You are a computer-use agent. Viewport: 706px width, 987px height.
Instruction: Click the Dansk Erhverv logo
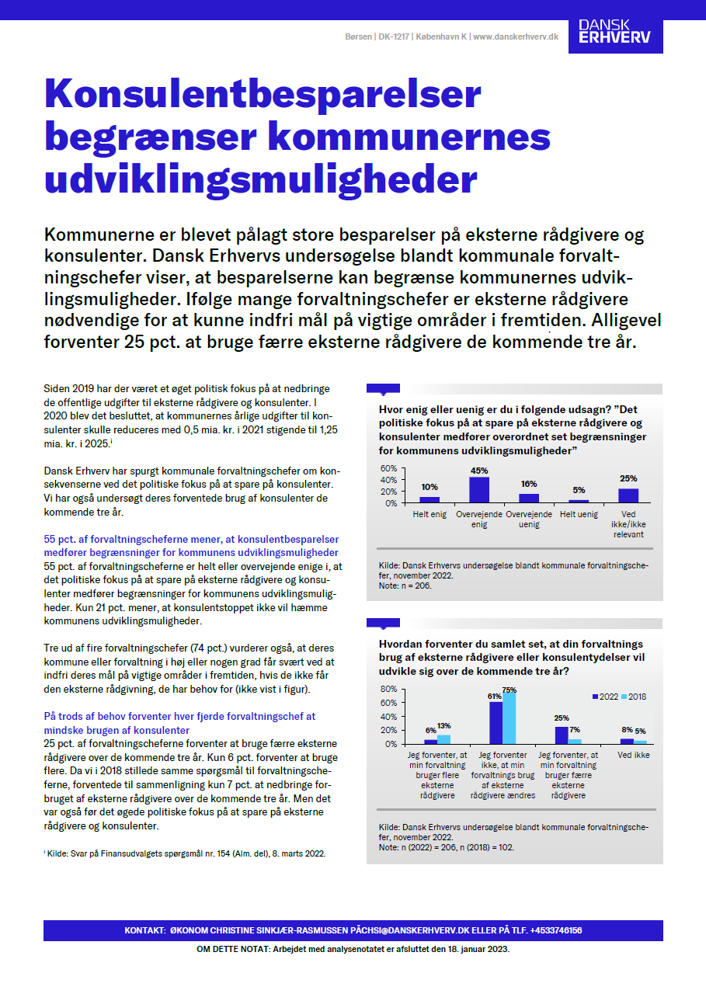point(615,32)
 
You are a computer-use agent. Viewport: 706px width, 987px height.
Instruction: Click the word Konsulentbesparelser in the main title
point(263,95)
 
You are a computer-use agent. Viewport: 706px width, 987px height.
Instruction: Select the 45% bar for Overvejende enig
point(479,490)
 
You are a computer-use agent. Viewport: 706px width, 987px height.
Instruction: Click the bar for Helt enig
point(430,499)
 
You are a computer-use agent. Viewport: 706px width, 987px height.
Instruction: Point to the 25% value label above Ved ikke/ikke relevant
point(628,478)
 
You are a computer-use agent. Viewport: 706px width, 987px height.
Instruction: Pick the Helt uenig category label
point(579,514)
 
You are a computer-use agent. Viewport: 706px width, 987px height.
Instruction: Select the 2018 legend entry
point(632,697)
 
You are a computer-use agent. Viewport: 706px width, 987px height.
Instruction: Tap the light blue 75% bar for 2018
point(509,718)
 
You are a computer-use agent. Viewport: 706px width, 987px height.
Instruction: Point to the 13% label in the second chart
point(443,726)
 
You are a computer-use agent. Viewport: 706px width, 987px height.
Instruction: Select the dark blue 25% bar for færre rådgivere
point(562,735)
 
